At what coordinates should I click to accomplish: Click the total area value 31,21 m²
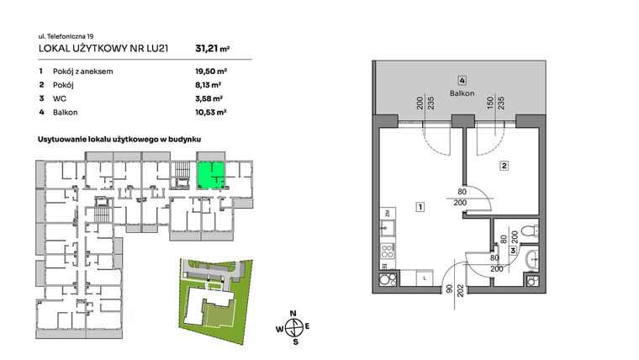tap(210, 48)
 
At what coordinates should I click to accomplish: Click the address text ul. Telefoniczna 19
tap(65, 35)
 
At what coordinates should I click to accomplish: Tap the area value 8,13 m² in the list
tap(208, 85)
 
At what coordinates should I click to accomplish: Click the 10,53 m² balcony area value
tap(209, 110)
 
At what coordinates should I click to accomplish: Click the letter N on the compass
tap(293, 314)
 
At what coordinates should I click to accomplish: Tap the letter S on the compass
tap(294, 341)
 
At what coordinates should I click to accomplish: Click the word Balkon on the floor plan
tap(462, 93)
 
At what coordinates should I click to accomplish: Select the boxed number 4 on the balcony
tap(462, 81)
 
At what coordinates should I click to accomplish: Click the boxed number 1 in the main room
tap(418, 206)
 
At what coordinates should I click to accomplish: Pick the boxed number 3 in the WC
tap(512, 251)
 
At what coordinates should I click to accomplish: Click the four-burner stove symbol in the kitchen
tap(388, 250)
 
